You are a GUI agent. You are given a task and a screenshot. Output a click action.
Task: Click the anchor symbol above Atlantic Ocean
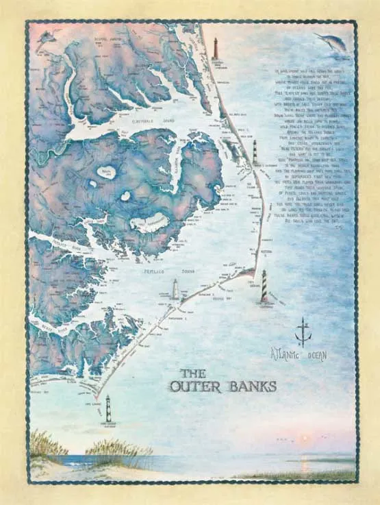coord(299,332)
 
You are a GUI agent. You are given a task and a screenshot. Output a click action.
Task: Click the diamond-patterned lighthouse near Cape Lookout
coord(107,408)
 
